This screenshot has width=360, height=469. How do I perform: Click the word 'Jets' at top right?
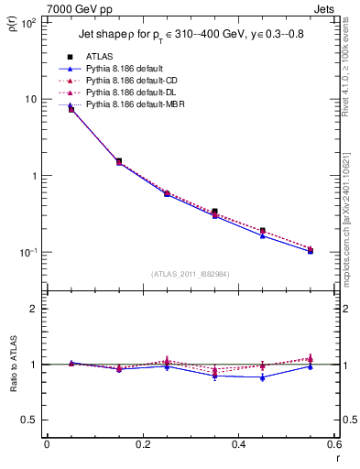325,8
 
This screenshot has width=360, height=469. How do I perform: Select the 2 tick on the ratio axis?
35,309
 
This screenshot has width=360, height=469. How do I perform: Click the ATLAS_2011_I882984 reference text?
191,274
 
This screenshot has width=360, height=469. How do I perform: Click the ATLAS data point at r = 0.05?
71,110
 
